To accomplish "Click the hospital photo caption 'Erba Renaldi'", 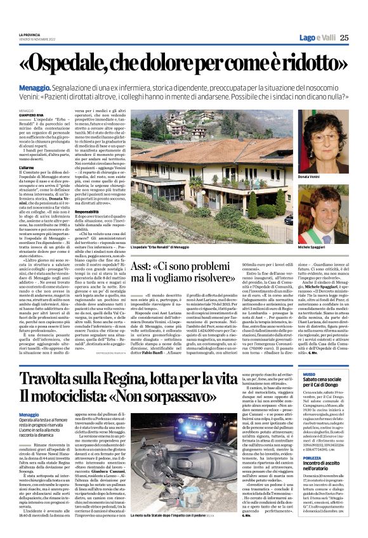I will pos(161,246).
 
